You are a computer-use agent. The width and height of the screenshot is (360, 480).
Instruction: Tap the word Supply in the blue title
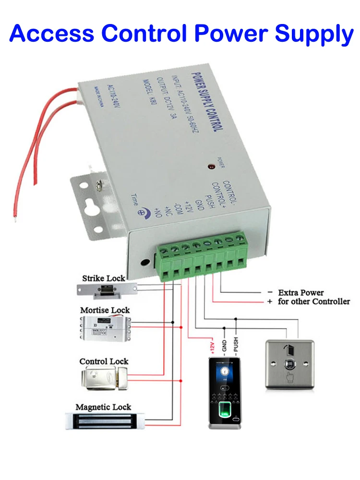click(313, 34)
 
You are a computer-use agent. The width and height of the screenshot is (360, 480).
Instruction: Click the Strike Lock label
click(103, 278)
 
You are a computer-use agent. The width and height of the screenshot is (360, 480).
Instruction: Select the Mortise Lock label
click(105, 310)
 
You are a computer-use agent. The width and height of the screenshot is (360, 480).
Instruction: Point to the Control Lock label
click(104, 361)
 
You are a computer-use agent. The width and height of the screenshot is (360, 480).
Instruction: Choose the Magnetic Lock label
click(103, 407)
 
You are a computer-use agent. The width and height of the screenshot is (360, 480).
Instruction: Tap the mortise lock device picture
click(104, 328)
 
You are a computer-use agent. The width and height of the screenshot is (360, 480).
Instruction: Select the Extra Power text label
click(301, 292)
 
